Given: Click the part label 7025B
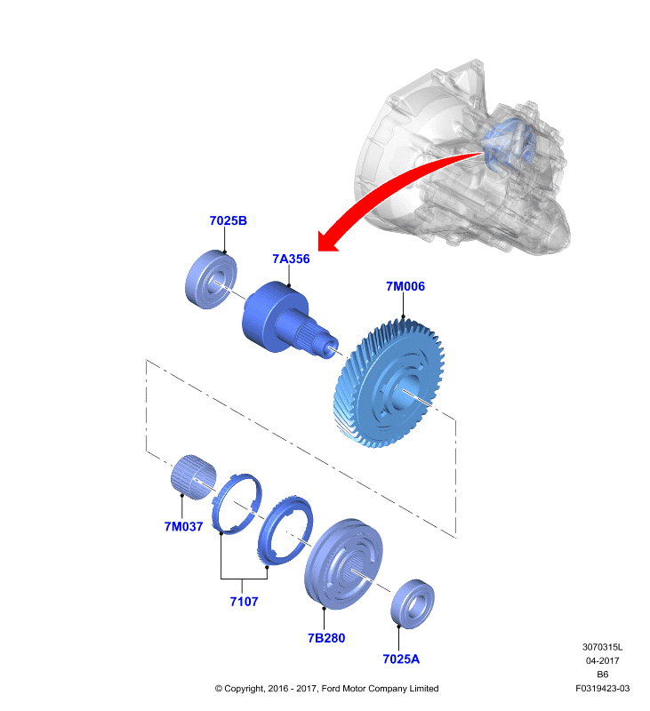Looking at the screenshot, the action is [229, 220].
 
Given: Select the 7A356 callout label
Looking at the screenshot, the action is [291, 259].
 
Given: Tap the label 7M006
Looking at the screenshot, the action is [405, 286].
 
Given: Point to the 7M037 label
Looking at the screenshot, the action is [183, 526].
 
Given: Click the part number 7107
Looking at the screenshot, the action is [244, 602].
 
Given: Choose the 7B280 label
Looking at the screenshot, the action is [326, 638].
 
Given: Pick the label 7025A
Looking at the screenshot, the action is [401, 659].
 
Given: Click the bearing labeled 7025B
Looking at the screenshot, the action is [211, 279].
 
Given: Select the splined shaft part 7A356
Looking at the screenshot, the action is [281, 317].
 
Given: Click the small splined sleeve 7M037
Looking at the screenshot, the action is [194, 477].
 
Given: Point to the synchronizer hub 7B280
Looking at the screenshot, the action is [343, 563].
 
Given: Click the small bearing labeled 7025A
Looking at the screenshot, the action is [413, 603].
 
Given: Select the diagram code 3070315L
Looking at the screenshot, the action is [602, 647].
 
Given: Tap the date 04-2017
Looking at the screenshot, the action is [602, 660].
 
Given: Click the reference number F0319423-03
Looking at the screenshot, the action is [602, 688].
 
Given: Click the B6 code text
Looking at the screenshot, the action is [602, 675].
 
